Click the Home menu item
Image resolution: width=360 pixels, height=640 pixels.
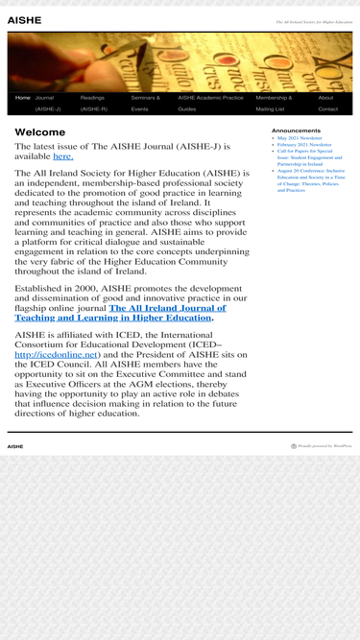pyautogui.click(x=23, y=98)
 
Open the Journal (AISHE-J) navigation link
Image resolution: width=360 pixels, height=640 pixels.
pyautogui.click(x=45, y=103)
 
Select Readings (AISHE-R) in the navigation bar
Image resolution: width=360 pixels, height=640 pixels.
pyautogui.click(x=93, y=103)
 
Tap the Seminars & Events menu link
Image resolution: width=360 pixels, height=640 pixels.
pyautogui.click(x=145, y=103)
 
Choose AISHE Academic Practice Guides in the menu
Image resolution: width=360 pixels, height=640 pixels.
pyautogui.click(x=210, y=103)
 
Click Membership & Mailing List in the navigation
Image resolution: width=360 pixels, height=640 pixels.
pyautogui.click(x=274, y=103)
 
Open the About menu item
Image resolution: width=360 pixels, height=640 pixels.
pyautogui.click(x=325, y=98)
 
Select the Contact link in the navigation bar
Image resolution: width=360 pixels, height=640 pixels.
pyautogui.click(x=327, y=109)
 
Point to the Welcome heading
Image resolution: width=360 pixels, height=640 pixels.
pyautogui.click(x=40, y=132)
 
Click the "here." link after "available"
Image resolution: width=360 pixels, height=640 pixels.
pyautogui.click(x=62, y=155)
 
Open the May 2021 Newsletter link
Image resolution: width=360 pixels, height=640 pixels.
pyautogui.click(x=300, y=138)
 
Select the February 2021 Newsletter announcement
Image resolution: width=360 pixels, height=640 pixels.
pyautogui.click(x=304, y=145)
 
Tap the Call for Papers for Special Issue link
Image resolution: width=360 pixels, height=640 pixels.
pyautogui.click(x=305, y=157)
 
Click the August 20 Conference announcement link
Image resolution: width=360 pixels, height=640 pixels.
pyautogui.click(x=309, y=177)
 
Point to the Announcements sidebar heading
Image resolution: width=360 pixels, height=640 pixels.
pyautogui.click(x=296, y=130)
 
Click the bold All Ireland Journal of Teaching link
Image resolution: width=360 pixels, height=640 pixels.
pyautogui.click(x=120, y=313)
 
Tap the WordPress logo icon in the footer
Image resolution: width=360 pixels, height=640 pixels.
pyautogui.click(x=294, y=446)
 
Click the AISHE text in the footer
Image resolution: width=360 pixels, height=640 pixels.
pyautogui.click(x=15, y=446)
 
